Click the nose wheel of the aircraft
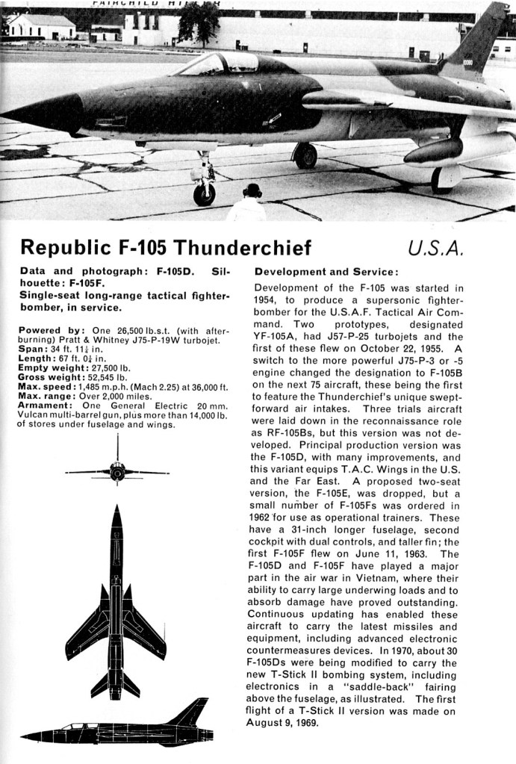tap(204, 194)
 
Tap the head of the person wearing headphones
tap(252, 191)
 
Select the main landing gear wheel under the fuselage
tap(305, 155)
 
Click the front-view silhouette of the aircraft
tap(117, 470)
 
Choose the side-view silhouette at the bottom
tap(116, 727)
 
